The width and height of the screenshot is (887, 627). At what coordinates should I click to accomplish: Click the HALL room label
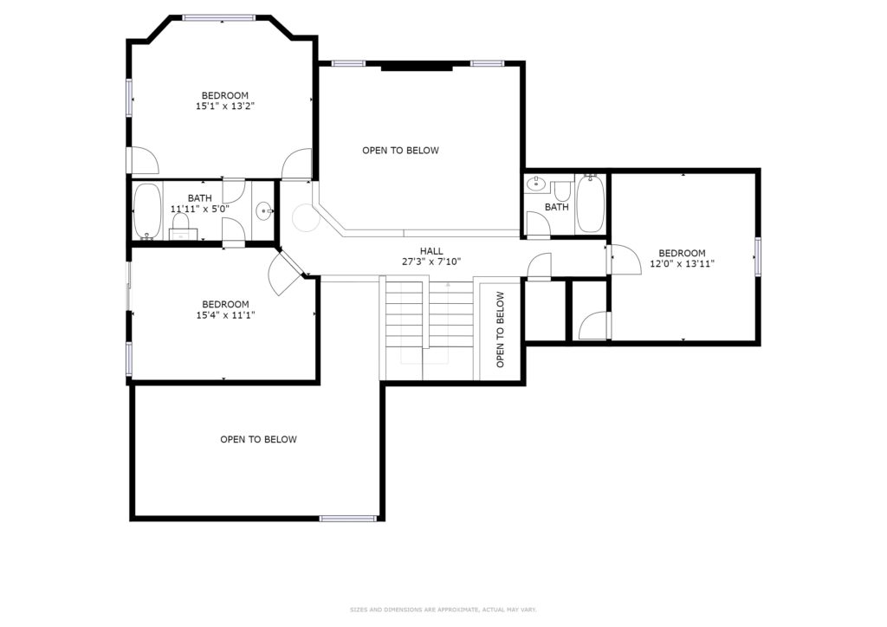pos(431,251)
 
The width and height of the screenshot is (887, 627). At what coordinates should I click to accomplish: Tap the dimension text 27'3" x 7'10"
pos(431,262)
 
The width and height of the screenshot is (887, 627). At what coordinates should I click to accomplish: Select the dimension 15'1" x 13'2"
pos(225,106)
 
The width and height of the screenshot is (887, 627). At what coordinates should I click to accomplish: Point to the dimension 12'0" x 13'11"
pos(683,263)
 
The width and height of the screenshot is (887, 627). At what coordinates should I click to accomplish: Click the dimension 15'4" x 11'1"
pos(225,315)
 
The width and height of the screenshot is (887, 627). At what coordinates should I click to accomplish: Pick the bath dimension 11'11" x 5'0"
pos(200,209)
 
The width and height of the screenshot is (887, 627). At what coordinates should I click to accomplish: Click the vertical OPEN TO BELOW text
pos(500,329)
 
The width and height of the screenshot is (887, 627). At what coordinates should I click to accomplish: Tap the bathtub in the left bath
pos(147,211)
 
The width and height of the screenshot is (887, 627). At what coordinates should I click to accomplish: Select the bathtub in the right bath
pos(591,204)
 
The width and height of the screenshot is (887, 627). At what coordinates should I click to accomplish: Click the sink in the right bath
pos(535,184)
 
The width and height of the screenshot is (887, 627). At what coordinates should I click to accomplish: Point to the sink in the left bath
pos(264,211)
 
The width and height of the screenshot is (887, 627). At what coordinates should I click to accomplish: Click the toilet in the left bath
pos(181,225)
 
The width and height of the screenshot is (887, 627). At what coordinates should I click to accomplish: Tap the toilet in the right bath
pos(561,190)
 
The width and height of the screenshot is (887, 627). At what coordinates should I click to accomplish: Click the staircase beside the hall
pos(429,328)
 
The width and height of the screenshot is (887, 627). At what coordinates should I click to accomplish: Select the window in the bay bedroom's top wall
pos(219,18)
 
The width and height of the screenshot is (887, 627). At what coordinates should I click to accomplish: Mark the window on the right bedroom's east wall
pos(757,256)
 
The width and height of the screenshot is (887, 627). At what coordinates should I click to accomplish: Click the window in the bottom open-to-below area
pos(348,518)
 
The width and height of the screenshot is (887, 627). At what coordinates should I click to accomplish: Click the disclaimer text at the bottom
pos(443,610)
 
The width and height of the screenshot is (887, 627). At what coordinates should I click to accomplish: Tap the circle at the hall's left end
pos(306,217)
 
